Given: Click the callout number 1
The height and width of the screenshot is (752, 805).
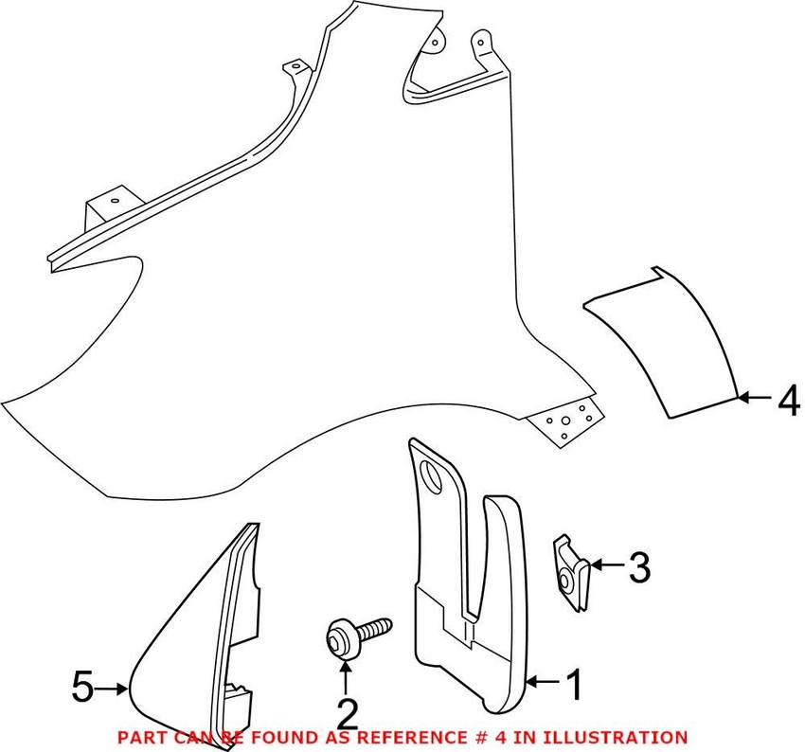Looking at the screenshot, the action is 574,684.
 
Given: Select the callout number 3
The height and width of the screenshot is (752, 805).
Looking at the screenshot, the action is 640,566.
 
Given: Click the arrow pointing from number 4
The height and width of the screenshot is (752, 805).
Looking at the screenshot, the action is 755,397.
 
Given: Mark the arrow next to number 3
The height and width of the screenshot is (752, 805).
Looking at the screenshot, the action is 607,565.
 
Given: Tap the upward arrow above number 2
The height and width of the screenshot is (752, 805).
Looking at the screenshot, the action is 346,677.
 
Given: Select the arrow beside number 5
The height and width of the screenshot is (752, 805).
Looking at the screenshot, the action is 111,689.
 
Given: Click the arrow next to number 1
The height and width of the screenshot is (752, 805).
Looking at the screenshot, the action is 543,682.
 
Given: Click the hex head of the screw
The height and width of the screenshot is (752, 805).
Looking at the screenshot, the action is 339,638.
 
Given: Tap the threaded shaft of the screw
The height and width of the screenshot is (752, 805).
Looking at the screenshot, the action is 373,630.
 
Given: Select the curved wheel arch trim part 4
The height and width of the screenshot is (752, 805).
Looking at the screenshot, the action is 662,342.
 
